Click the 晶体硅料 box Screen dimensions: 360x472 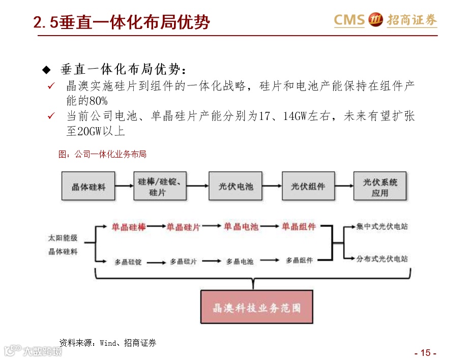tap(88, 187)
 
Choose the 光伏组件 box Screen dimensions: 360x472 tap(308, 187)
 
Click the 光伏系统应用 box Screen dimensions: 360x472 tap(380, 187)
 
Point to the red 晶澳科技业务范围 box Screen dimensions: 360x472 tap(256, 308)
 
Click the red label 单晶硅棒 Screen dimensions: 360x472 tap(129, 227)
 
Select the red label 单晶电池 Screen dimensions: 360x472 tap(241, 227)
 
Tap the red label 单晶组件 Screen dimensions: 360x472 tap(299, 227)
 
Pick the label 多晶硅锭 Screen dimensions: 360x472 tap(128, 262)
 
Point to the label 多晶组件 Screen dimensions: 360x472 tap(299, 260)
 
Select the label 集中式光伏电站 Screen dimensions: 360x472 tap(382, 227)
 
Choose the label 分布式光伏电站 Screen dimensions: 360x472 tap(382, 259)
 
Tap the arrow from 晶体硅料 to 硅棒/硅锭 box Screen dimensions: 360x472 tap(124, 186)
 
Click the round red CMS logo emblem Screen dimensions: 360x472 tap(375, 20)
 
